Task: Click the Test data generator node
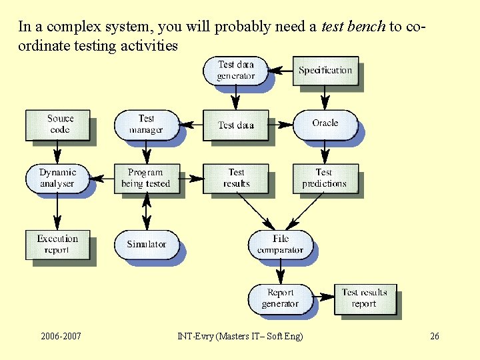[235, 71]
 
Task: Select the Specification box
[325, 71]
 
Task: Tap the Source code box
[58, 125]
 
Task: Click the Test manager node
[146, 125]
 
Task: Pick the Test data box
[235, 125]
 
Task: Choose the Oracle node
[325, 124]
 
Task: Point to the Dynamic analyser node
[58, 178]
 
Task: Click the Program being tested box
[146, 178]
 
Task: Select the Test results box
[235, 178]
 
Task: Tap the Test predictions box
[325, 178]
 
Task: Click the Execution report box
[57, 245]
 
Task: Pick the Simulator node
[146, 245]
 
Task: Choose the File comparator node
[280, 245]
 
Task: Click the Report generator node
[280, 299]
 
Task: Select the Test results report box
[364, 299]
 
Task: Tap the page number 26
[435, 336]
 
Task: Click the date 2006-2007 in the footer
[61, 336]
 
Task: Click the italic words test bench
[353, 27]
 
